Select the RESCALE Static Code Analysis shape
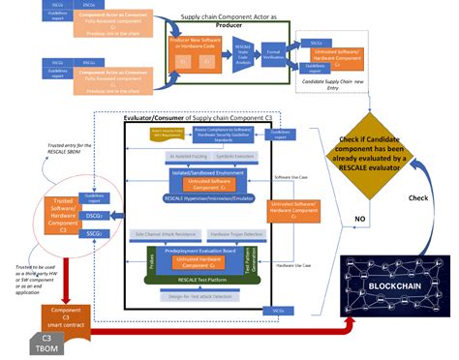point(242,67)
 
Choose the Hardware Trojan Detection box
point(236,235)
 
